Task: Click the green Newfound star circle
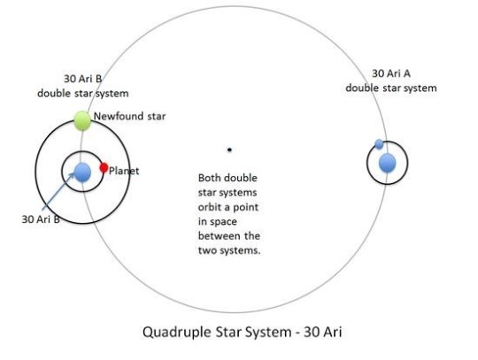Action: click(x=82, y=121)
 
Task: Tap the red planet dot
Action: click(x=104, y=167)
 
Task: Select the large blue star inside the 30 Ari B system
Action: click(x=82, y=172)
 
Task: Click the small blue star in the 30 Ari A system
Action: click(x=379, y=144)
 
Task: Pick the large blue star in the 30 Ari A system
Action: click(x=388, y=163)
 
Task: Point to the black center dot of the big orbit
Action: click(x=229, y=149)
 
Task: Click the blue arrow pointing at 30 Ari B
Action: click(x=58, y=191)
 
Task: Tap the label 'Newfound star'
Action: click(x=129, y=116)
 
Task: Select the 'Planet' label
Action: click(x=124, y=171)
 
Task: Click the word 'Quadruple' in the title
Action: click(x=177, y=332)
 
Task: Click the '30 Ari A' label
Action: click(x=391, y=73)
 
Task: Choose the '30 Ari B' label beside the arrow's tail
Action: click(x=41, y=219)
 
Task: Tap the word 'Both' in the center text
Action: click(x=209, y=178)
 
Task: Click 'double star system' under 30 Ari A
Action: click(x=391, y=88)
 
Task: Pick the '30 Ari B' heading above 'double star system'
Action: click(x=82, y=79)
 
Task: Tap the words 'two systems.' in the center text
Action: click(x=229, y=250)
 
